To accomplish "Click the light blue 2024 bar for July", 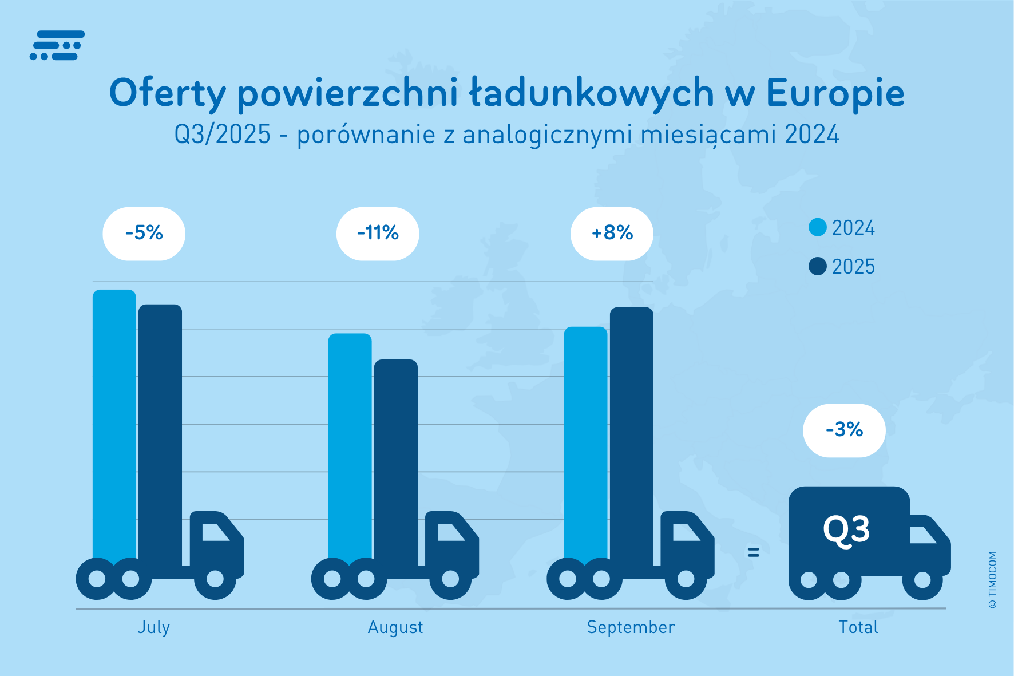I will pyautogui.click(x=114, y=424).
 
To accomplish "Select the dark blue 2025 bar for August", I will pyautogui.click(x=395, y=458).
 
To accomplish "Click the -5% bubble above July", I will pyautogui.click(x=144, y=234).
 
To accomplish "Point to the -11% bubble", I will pyautogui.click(x=378, y=234).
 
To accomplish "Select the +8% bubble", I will pyautogui.click(x=612, y=234).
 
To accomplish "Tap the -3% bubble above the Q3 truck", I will pyautogui.click(x=844, y=430).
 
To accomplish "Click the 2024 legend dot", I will pyautogui.click(x=818, y=227).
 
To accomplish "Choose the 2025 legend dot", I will pyautogui.click(x=818, y=266).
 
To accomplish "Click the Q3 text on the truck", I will pyautogui.click(x=846, y=530).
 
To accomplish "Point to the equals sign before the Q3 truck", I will pyautogui.click(x=754, y=552).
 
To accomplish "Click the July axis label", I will pyautogui.click(x=153, y=627).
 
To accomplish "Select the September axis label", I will pyautogui.click(x=631, y=627).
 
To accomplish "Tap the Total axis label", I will pyautogui.click(x=858, y=627).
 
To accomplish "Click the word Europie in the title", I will pyautogui.click(x=835, y=93).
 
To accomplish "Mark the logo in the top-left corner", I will pyautogui.click(x=57, y=45).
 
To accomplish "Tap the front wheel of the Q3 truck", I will pyautogui.click(x=922, y=580).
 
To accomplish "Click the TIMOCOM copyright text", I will pyautogui.click(x=992, y=579).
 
